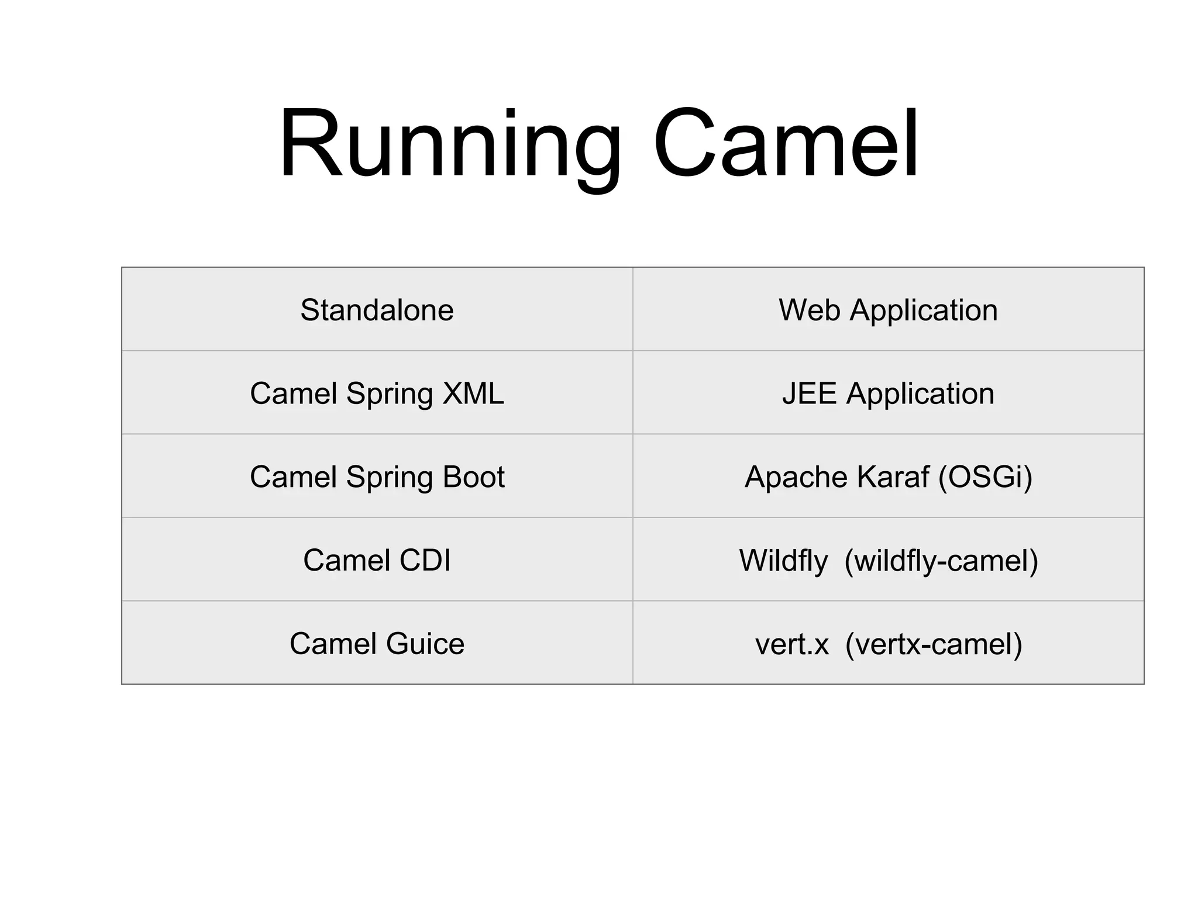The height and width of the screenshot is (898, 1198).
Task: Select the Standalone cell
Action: click(377, 310)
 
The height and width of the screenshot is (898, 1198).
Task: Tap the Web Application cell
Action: click(887, 310)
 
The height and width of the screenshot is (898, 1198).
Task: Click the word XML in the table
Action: click(473, 393)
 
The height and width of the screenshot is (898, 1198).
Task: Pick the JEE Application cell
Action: click(887, 393)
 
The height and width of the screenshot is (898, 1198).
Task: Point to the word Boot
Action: click(473, 477)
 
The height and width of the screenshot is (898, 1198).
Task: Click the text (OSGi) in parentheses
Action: click(985, 477)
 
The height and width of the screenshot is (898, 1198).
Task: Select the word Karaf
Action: click(892, 477)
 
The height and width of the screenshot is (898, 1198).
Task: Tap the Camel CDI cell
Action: click(377, 560)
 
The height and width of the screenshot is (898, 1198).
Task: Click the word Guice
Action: click(425, 644)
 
